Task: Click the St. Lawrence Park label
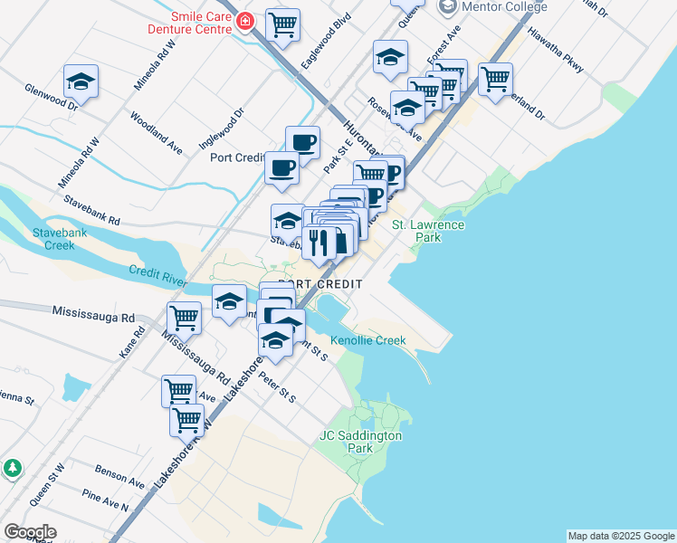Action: coord(428,231)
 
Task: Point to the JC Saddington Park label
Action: coord(360,442)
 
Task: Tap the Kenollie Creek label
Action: coord(368,340)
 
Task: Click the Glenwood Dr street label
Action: coord(51,98)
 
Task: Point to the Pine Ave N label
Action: coord(105,499)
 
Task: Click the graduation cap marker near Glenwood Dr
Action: coord(81,81)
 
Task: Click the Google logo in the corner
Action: coord(30,532)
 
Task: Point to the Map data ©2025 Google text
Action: coord(621,536)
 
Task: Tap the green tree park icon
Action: coord(12,468)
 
